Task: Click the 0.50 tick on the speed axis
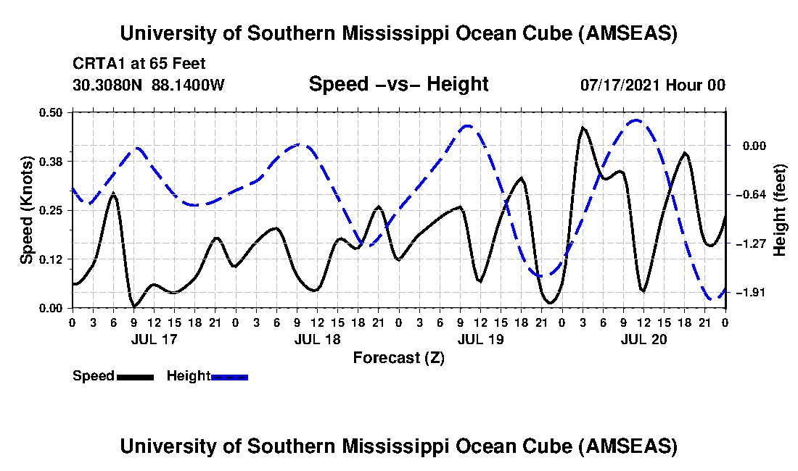54,112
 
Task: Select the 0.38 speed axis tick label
54,161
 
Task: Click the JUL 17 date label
154,338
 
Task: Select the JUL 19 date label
480,338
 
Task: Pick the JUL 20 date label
643,338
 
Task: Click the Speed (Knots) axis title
27,209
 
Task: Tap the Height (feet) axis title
780,210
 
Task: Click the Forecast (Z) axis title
398,357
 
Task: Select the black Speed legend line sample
135,377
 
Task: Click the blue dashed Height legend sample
229,377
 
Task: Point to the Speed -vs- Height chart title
398,84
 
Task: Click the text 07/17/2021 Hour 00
652,85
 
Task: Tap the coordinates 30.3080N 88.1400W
149,85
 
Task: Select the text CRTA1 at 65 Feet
139,64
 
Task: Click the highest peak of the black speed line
583,128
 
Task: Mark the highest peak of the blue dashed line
636,120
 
